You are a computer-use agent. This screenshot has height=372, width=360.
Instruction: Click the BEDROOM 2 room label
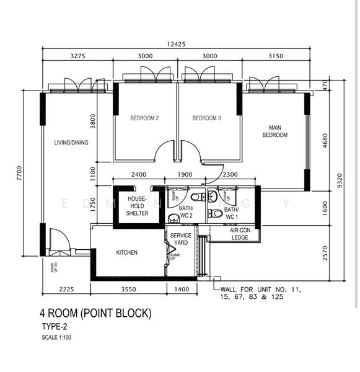(x=144, y=118)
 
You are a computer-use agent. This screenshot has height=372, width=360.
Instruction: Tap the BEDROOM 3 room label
(x=206, y=118)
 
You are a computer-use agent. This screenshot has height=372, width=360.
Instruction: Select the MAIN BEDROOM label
(x=275, y=130)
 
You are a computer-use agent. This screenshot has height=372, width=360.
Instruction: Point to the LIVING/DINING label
(x=71, y=143)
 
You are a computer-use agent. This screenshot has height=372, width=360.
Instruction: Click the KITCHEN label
(x=126, y=252)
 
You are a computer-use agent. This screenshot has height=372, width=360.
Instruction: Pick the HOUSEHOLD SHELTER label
(x=137, y=206)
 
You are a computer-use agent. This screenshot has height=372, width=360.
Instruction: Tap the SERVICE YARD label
(x=181, y=239)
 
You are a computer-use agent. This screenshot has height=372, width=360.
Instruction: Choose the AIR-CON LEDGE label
(x=235, y=233)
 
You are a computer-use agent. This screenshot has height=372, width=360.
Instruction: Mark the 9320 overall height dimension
(x=339, y=180)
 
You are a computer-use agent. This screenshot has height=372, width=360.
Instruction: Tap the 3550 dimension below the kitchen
(x=128, y=290)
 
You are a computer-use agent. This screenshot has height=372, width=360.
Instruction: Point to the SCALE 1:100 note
(x=57, y=337)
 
